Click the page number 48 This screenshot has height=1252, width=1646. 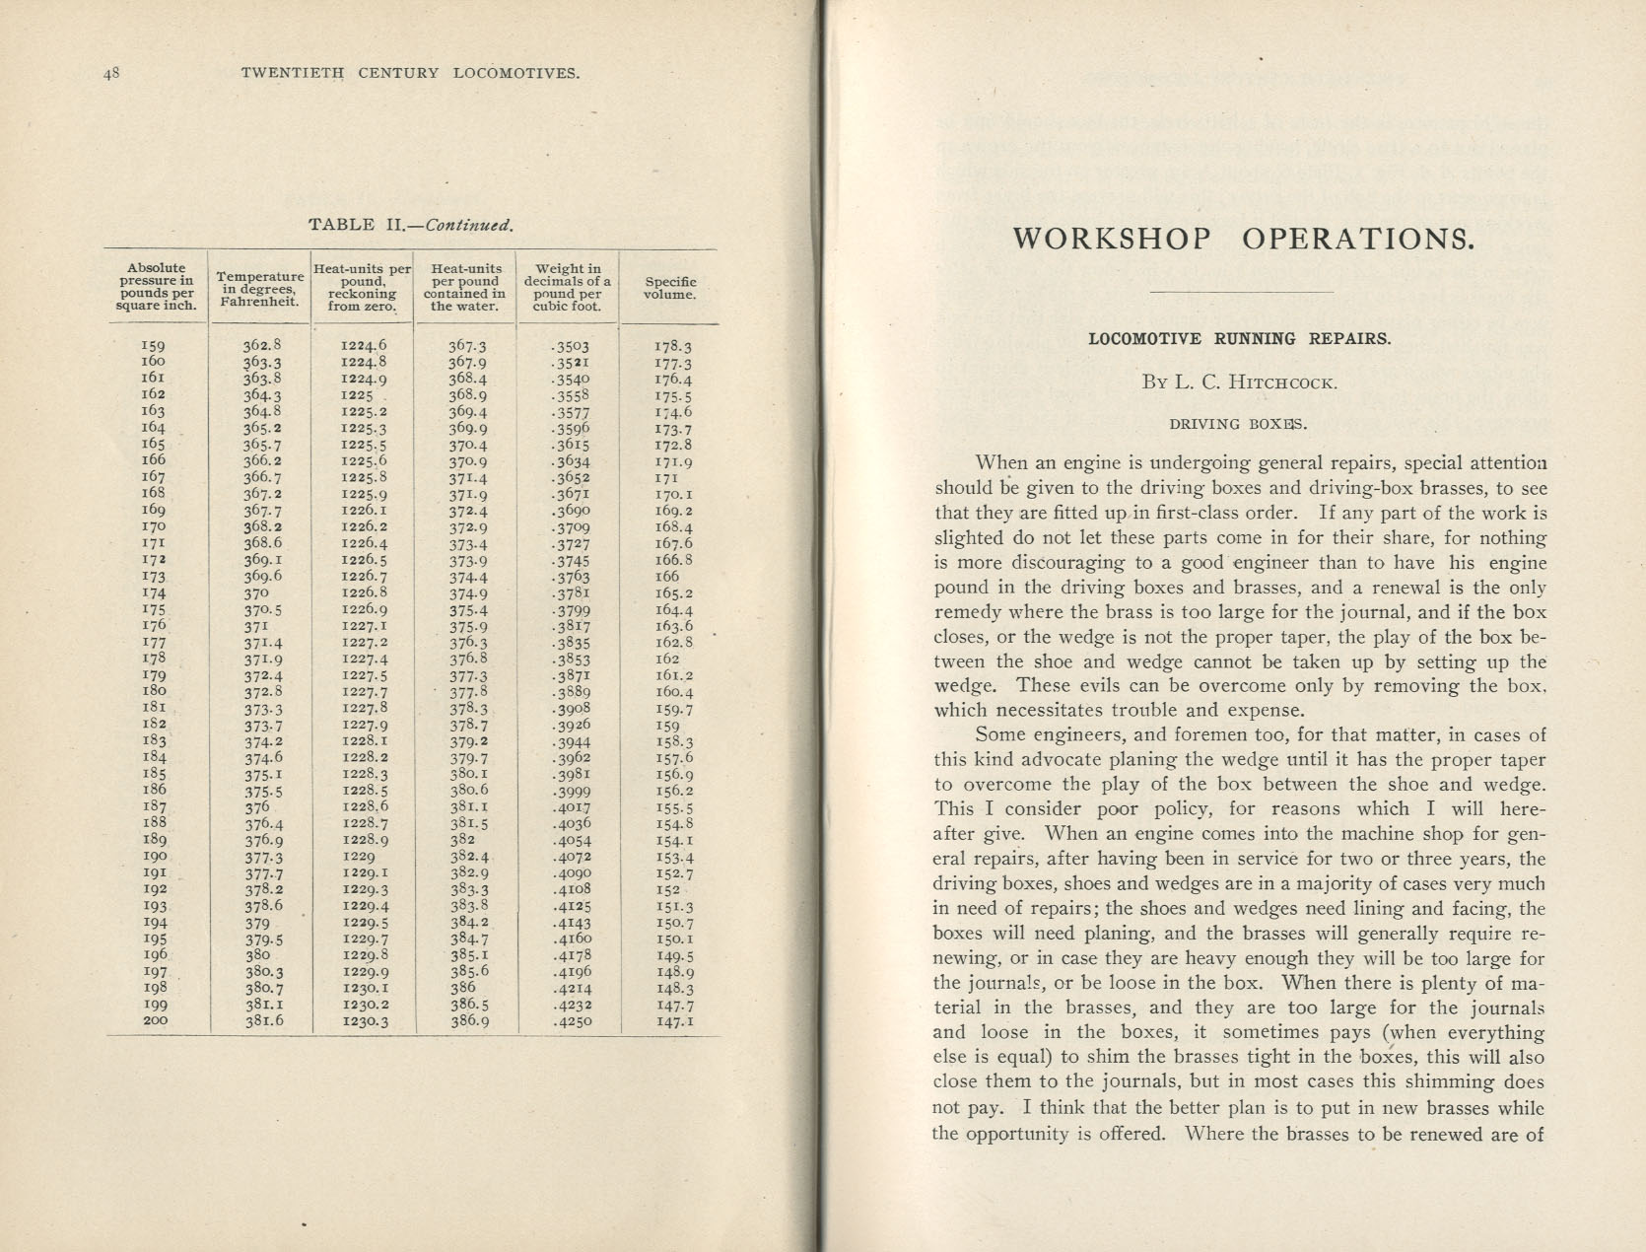pos(110,73)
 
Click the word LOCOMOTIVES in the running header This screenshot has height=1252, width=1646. pos(516,73)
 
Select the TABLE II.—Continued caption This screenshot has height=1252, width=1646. pos(411,225)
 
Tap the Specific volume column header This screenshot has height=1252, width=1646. pos(670,288)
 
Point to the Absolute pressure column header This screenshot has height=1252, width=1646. pos(157,287)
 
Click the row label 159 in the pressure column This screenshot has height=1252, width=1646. pos(155,346)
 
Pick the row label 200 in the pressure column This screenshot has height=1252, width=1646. pos(155,1021)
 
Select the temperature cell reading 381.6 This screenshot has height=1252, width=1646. pos(263,1021)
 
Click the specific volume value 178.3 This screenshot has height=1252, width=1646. pos(673,347)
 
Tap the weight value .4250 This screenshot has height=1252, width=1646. pos(572,1021)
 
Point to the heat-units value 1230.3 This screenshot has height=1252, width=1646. pos(364,1022)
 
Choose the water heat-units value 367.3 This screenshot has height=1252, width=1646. pos(467,346)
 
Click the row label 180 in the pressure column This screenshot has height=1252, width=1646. pos(155,692)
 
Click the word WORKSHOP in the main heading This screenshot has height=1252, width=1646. pos(1112,240)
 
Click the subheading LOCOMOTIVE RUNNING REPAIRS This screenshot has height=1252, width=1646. pos(1240,338)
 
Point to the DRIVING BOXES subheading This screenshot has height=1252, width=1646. pos(1239,424)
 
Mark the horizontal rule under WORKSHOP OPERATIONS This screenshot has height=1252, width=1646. pos(1241,292)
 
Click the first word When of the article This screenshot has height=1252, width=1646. pos(1001,462)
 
